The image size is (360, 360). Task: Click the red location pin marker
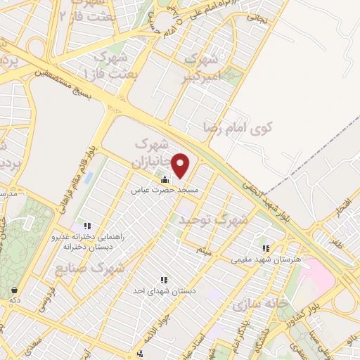pyautogui.click(x=181, y=165)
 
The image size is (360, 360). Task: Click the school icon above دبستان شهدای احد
pyautogui.click(x=164, y=280)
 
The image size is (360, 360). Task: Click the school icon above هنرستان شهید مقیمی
pyautogui.click(x=266, y=248)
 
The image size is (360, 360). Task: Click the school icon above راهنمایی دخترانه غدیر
pyautogui.click(x=88, y=226)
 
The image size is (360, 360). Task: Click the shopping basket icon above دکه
pyautogui.click(x=14, y=290)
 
